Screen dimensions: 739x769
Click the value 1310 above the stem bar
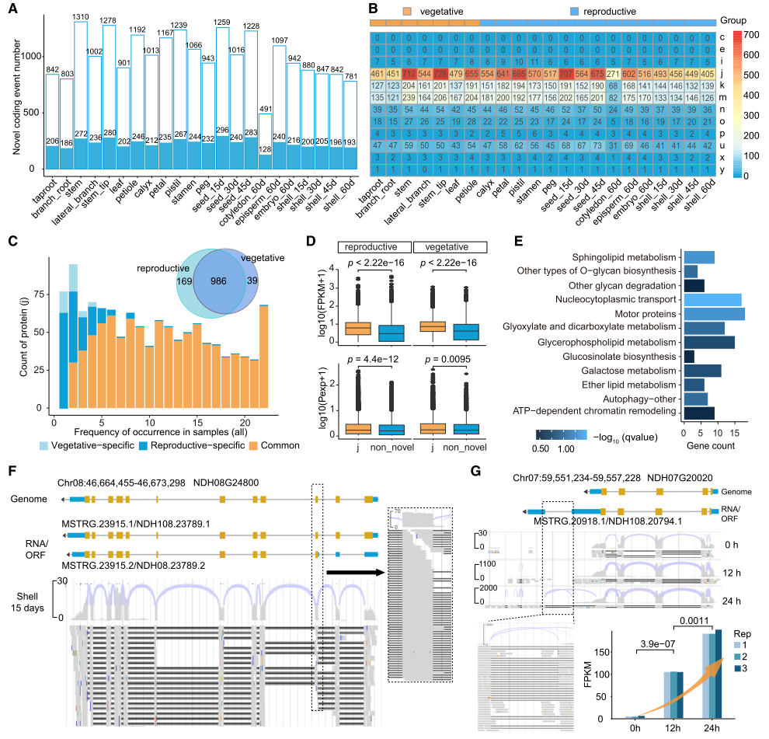click(79, 16)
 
